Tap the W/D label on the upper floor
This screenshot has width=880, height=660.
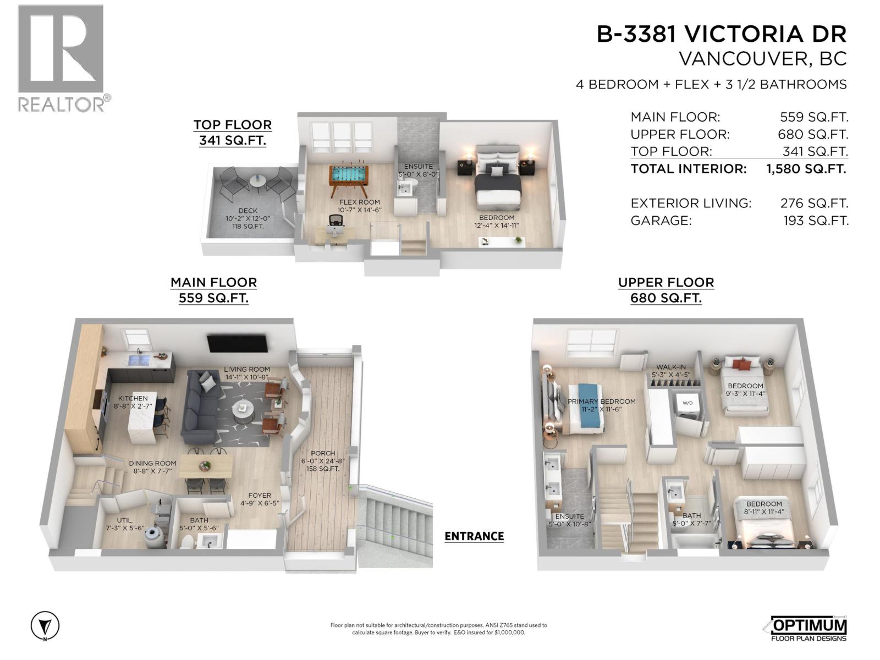[x=687, y=403]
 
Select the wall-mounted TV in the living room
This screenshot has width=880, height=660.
[x=238, y=344]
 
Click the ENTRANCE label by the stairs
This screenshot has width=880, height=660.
[x=474, y=536]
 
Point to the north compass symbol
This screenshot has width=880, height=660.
[x=45, y=626]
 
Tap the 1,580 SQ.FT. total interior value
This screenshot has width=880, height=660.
[x=806, y=169]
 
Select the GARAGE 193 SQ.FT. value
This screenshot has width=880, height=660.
[x=816, y=221]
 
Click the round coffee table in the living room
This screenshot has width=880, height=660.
[x=243, y=409]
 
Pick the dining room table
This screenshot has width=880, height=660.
[x=206, y=466]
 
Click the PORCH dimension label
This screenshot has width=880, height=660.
[x=322, y=461]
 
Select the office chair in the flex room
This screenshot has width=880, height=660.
[x=335, y=222]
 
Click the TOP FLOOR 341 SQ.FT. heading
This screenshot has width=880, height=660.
[x=232, y=133]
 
